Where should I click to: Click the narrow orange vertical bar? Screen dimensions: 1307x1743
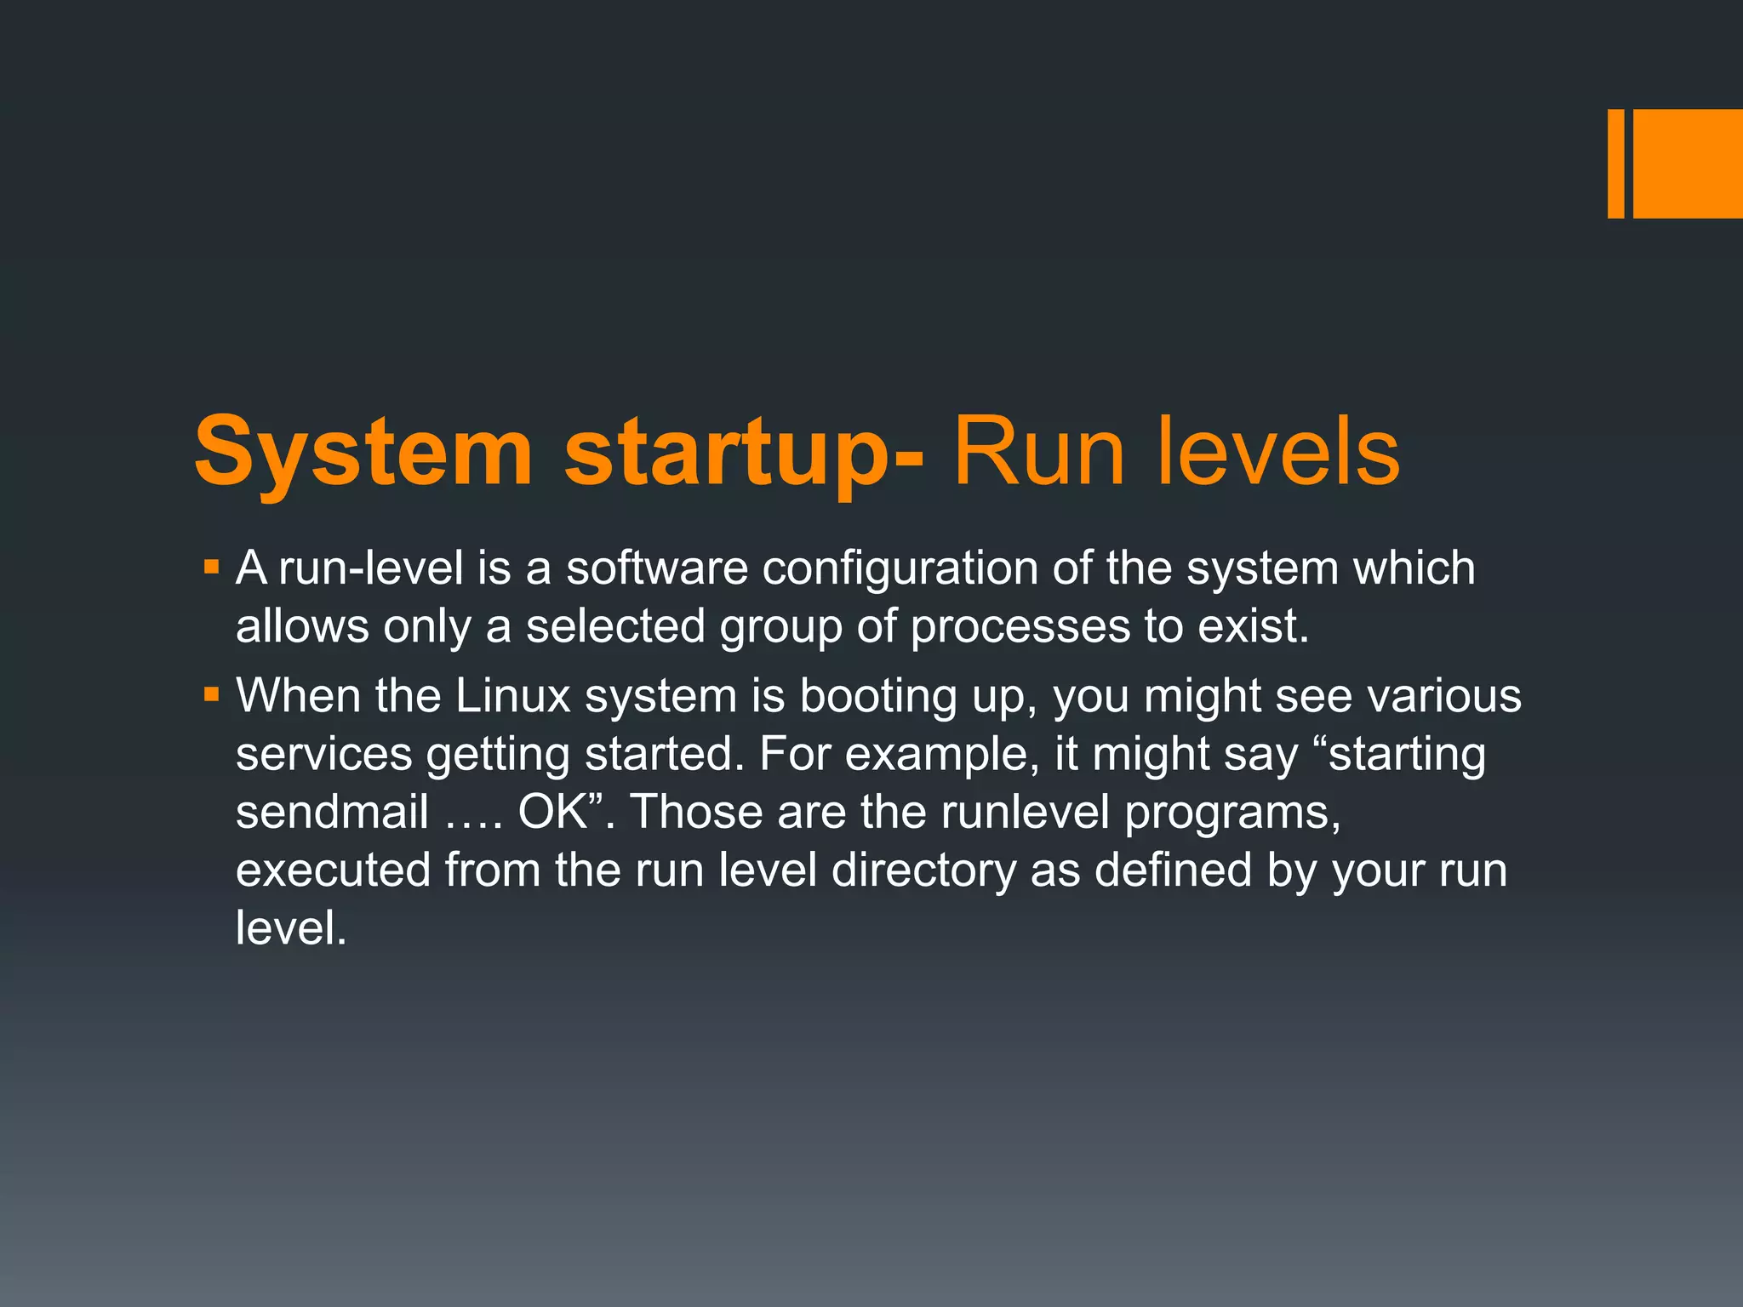tap(1615, 163)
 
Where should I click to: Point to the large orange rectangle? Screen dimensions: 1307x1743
tap(1688, 163)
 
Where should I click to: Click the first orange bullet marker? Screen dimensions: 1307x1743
tap(212, 566)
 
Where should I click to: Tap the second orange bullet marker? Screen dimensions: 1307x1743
tap(212, 695)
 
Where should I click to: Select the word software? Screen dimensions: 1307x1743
tap(657, 568)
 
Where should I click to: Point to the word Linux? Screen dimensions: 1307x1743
tap(512, 695)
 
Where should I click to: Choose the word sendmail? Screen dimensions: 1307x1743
tap(332, 812)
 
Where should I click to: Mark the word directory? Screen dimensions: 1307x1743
tap(923, 870)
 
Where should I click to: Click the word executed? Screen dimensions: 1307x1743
tap(333, 870)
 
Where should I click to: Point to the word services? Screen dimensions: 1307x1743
tap(323, 754)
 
